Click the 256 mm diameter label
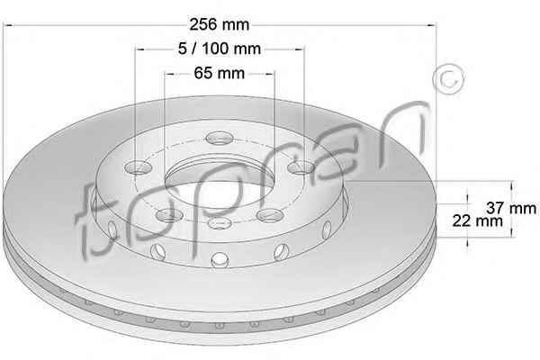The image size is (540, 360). click(x=219, y=24)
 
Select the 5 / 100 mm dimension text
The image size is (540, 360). click(x=220, y=49)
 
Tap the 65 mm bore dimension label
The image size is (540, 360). click(x=220, y=73)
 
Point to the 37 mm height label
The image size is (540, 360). click(x=511, y=208)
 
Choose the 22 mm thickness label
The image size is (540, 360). click(x=477, y=220)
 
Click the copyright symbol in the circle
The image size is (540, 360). click(x=448, y=79)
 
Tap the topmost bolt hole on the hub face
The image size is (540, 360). click(x=220, y=138)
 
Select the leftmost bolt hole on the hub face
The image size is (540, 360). click(x=138, y=167)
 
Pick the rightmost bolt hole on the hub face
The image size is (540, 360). click(x=301, y=167)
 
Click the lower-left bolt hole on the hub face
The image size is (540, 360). click(x=169, y=216)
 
